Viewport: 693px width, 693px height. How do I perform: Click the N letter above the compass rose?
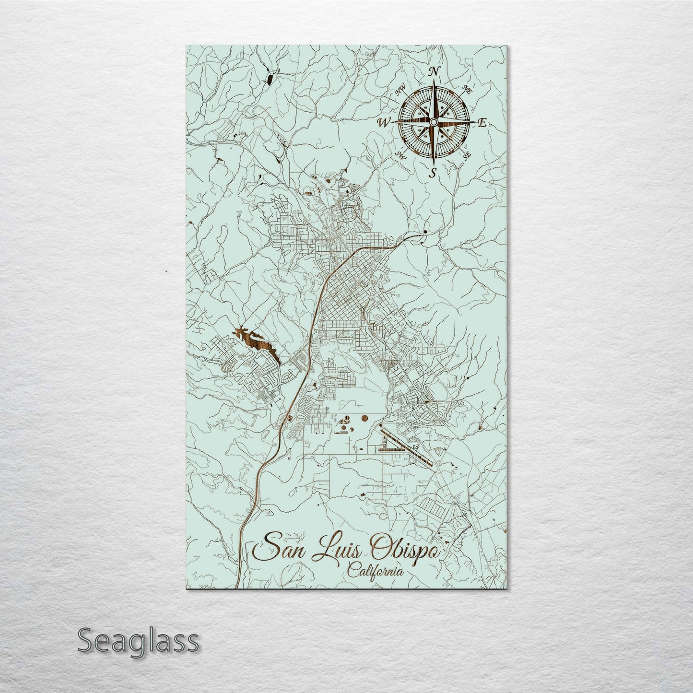point(434,72)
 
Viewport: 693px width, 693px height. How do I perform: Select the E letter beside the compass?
point(482,123)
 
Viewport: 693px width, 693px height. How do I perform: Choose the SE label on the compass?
point(467,154)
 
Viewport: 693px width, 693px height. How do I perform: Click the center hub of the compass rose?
point(433,123)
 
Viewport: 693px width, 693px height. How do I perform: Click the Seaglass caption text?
point(138,641)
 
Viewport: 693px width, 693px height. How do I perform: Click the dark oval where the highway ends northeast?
point(425,234)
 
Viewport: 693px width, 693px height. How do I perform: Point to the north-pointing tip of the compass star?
point(434,82)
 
